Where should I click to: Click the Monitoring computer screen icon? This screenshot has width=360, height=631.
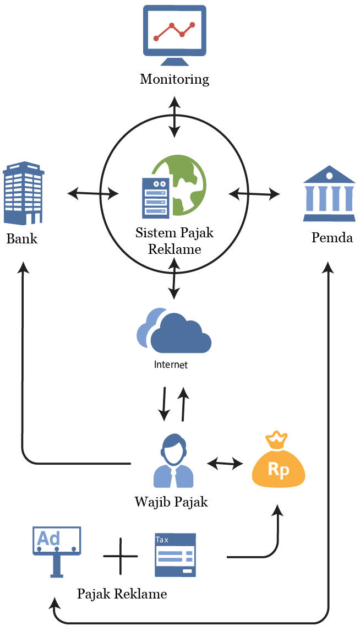[x=175, y=35]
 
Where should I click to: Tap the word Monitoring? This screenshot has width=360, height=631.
[x=174, y=79]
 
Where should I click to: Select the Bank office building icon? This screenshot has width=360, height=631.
[x=24, y=193]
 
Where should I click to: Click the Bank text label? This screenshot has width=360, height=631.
[x=22, y=238]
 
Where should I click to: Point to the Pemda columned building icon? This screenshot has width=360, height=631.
[x=329, y=194]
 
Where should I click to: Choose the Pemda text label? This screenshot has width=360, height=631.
[x=332, y=237]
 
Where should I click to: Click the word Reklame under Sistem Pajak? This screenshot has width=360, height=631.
[x=174, y=249]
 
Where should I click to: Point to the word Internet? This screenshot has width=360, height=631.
[x=171, y=365]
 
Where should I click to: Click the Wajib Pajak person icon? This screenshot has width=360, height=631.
[x=173, y=461]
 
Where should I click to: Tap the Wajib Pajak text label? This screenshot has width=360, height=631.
[x=171, y=502]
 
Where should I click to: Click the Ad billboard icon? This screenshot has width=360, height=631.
[x=57, y=552]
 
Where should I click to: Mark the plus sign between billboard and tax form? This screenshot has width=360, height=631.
[x=121, y=556]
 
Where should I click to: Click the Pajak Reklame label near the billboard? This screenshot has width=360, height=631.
[x=122, y=594]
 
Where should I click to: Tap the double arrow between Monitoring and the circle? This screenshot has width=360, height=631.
[x=174, y=116]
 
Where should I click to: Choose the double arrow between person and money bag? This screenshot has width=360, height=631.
[x=225, y=464]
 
